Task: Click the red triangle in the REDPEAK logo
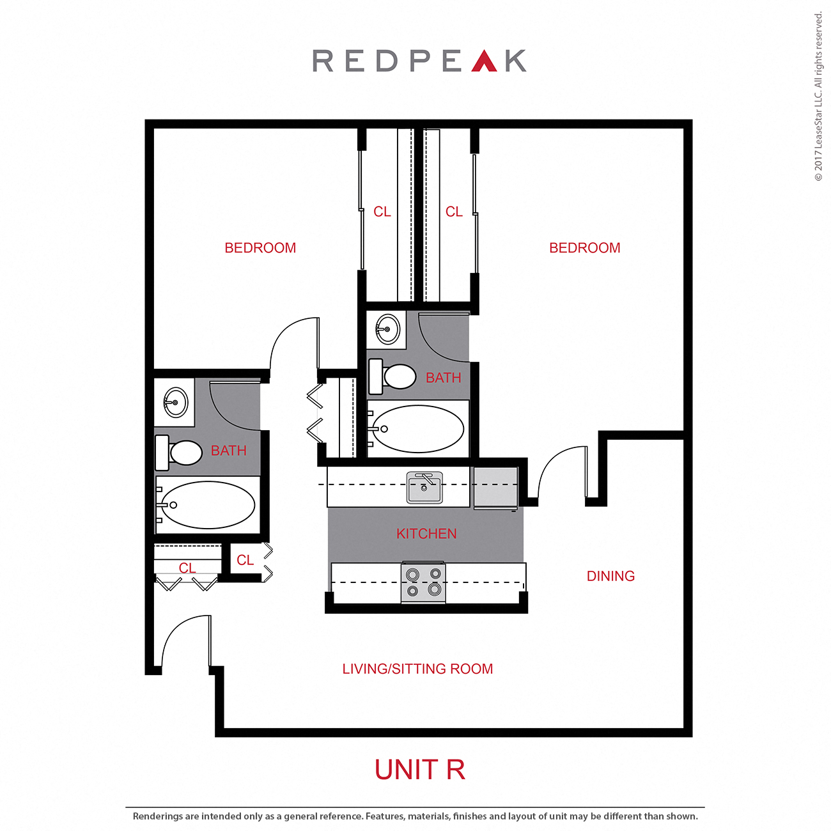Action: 484,61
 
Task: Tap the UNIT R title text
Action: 419,770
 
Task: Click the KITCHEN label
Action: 426,534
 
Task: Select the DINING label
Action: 610,576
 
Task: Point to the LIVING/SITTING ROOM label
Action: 417,669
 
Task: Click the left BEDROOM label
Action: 260,248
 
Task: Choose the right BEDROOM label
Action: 584,248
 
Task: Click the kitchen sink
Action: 424,488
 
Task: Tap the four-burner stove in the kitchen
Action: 423,582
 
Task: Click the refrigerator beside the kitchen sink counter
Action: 495,488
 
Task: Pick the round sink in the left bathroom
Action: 175,403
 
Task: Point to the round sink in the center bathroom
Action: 387,330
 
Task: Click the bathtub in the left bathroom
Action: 206,505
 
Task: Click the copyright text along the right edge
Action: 818,96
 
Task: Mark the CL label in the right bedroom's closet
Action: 454,212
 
